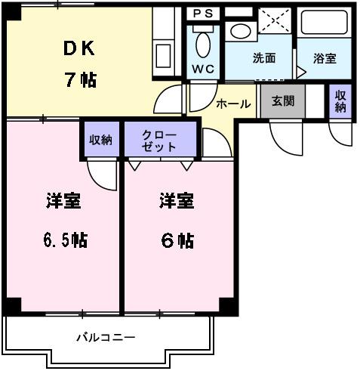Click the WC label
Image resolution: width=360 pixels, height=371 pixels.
(202, 69)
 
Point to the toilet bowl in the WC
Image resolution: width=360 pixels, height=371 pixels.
(204, 44)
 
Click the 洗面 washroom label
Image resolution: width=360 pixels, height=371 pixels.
(263, 58)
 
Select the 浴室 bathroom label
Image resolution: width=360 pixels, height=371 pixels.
(325, 58)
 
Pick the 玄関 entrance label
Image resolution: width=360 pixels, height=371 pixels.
(283, 101)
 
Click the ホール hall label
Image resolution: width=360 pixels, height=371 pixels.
(234, 104)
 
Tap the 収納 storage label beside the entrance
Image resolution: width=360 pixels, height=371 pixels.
(340, 101)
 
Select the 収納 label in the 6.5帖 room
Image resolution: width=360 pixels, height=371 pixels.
(100, 139)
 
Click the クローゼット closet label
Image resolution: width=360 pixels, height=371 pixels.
(160, 141)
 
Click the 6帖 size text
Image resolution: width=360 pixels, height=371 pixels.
(177, 240)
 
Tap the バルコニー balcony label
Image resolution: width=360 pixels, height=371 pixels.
(106, 337)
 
